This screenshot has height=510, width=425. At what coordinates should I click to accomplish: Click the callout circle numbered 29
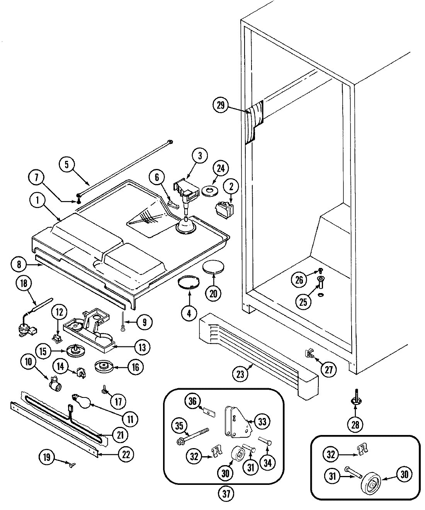point(221,106)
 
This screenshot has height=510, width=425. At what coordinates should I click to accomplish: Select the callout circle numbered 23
point(241,374)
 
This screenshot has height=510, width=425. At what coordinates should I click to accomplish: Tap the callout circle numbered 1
point(38,201)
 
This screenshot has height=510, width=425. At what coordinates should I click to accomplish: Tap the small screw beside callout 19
point(71,463)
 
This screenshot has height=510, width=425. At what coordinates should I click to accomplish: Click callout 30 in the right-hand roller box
point(404,475)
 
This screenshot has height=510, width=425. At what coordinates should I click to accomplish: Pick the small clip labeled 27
point(310,353)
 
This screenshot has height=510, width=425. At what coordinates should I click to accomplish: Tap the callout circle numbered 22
point(126,455)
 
